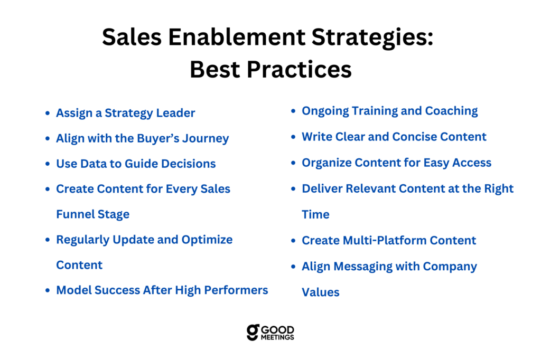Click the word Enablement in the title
(x=236, y=37)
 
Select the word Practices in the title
(x=299, y=69)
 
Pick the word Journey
(x=206, y=139)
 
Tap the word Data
(x=94, y=164)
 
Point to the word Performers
(x=236, y=290)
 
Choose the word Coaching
(x=451, y=111)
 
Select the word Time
(x=316, y=214)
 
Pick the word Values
(x=321, y=292)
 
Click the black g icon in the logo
(x=253, y=333)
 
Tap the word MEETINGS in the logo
(x=277, y=337)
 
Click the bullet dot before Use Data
(x=48, y=164)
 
